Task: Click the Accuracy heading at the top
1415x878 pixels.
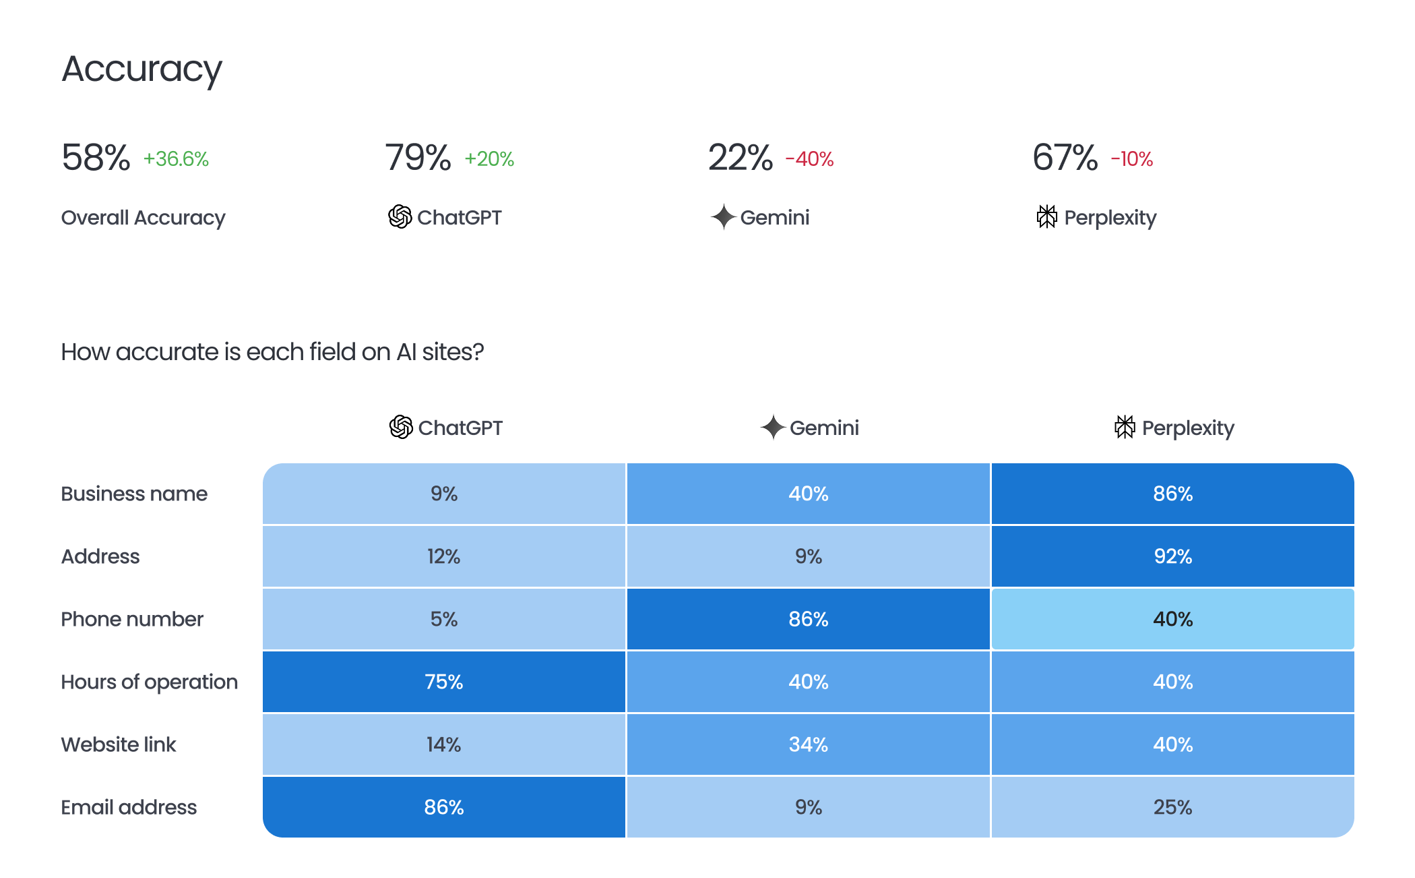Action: point(141,69)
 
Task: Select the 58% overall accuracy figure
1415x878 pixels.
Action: point(96,158)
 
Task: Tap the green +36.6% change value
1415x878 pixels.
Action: point(176,159)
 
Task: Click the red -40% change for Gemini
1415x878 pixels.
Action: point(809,159)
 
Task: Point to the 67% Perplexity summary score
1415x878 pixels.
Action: point(1065,158)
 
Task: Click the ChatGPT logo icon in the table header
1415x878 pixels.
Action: point(401,427)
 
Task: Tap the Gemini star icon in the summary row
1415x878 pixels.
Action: point(723,217)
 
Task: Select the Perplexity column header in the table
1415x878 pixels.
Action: point(1174,428)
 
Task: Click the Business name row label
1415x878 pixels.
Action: point(134,494)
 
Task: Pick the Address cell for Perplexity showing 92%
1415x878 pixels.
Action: point(1172,556)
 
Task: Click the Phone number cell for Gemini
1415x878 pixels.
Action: point(808,619)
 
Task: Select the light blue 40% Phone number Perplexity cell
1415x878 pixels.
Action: point(1172,619)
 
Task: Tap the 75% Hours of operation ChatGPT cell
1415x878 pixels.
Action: point(443,682)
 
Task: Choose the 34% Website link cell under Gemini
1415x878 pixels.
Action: point(808,744)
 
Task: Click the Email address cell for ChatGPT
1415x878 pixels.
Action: point(443,807)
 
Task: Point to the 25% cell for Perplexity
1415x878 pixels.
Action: point(1172,807)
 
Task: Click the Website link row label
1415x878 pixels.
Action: point(119,744)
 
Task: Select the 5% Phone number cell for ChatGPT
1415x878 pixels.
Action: point(443,619)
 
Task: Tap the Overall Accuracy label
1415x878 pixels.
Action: point(143,218)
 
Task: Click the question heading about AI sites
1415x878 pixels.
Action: point(272,352)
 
